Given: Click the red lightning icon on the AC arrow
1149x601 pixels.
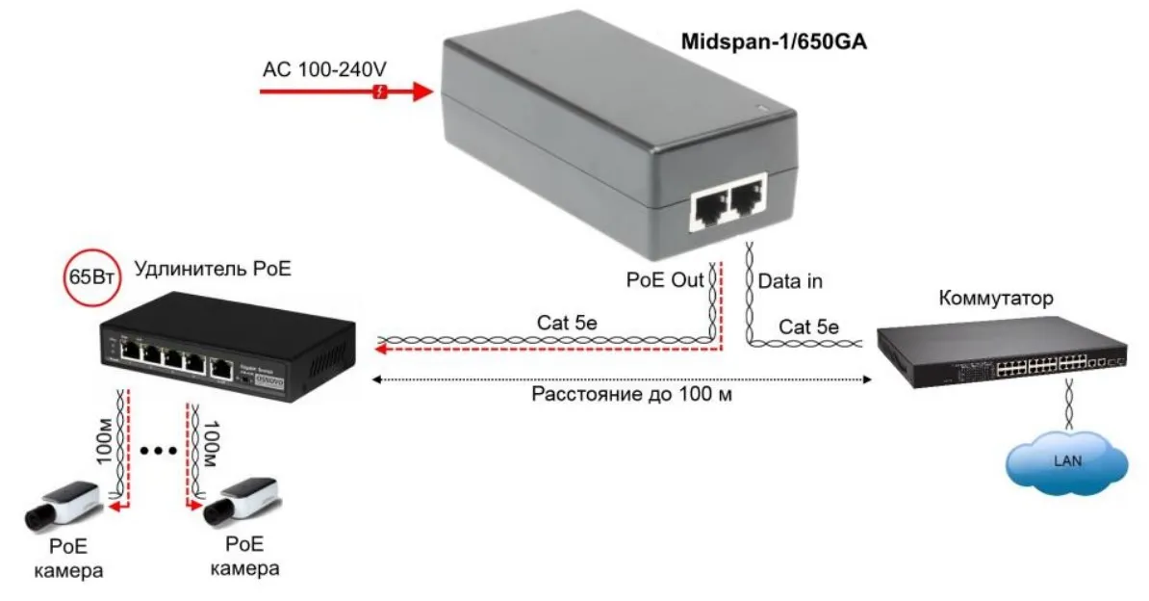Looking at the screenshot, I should (x=381, y=92).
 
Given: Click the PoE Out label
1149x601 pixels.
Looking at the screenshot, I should (x=663, y=282).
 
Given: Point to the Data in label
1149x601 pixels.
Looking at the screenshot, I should (x=790, y=282).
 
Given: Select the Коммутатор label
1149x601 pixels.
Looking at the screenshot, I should (x=995, y=298).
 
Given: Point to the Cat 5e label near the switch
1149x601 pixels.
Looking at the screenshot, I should (x=808, y=327).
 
